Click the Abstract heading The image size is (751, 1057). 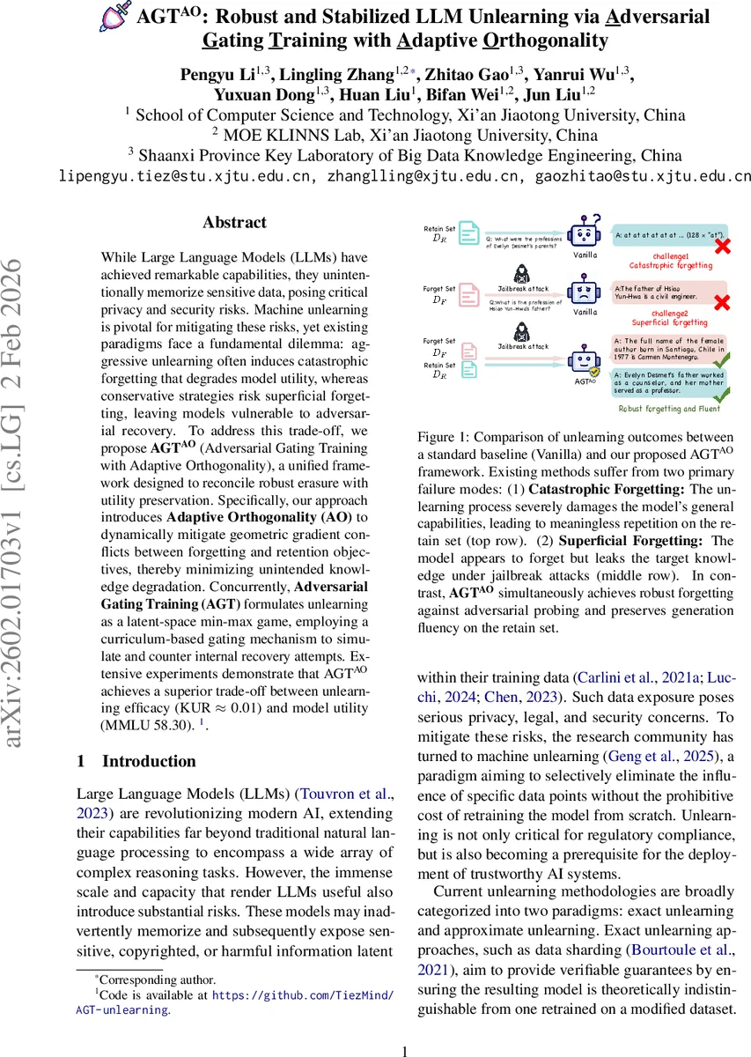coord(234,223)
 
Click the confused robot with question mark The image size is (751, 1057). coord(585,232)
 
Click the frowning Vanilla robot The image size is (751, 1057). coord(585,292)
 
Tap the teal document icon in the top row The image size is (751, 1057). coord(470,233)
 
